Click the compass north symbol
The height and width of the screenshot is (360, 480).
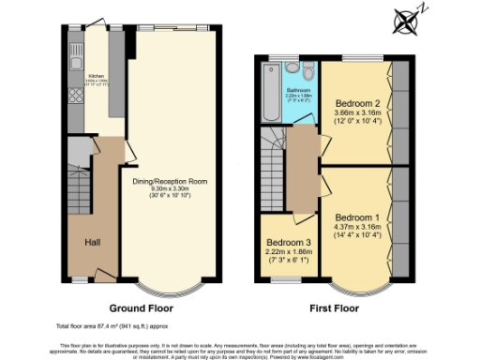tap(407, 20)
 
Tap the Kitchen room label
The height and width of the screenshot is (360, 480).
tap(96, 75)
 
